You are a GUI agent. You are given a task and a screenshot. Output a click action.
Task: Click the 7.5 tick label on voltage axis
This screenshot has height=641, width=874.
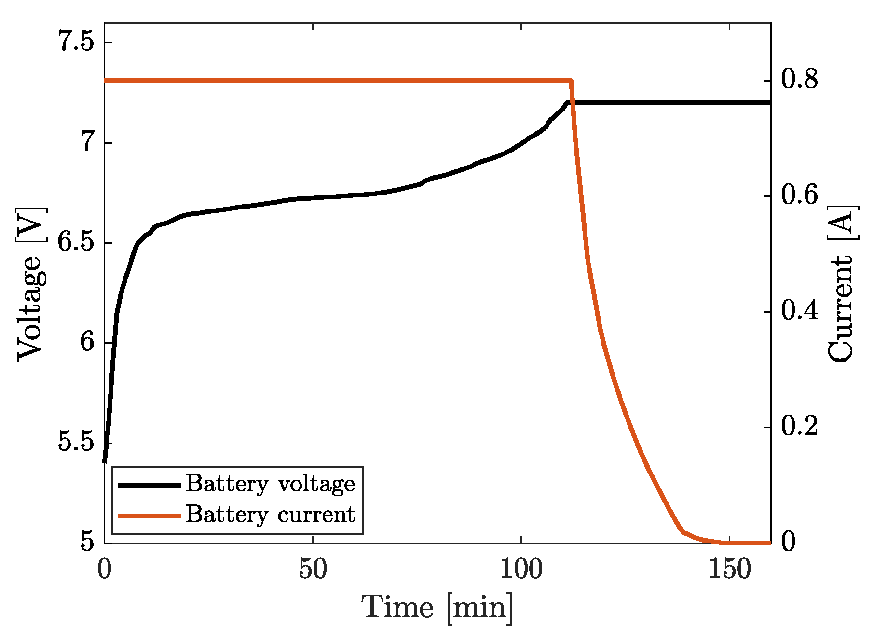(x=75, y=42)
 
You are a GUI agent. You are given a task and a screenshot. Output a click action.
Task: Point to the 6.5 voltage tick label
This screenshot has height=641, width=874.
(x=75, y=242)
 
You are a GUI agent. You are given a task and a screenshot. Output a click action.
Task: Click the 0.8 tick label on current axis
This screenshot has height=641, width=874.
(x=799, y=79)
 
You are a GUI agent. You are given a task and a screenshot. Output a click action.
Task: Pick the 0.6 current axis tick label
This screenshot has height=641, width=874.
(x=799, y=195)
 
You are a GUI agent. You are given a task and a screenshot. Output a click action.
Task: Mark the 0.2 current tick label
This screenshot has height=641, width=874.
(x=799, y=426)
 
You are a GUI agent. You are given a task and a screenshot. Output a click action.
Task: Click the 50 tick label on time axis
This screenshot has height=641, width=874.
(x=313, y=570)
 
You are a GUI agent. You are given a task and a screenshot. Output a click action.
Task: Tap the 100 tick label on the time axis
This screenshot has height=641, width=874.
(x=521, y=570)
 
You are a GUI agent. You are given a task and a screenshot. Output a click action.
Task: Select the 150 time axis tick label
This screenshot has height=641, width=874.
(x=729, y=570)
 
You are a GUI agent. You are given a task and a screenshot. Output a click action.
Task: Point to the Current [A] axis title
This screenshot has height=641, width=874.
(x=842, y=284)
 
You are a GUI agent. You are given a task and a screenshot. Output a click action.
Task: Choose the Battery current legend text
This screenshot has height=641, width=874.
(x=270, y=515)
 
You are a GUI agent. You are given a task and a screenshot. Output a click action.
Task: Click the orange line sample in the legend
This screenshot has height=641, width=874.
(x=150, y=516)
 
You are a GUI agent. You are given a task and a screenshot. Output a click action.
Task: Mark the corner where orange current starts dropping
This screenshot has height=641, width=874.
(x=571, y=81)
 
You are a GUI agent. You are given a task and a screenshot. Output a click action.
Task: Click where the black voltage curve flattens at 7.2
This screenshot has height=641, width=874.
(x=568, y=103)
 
